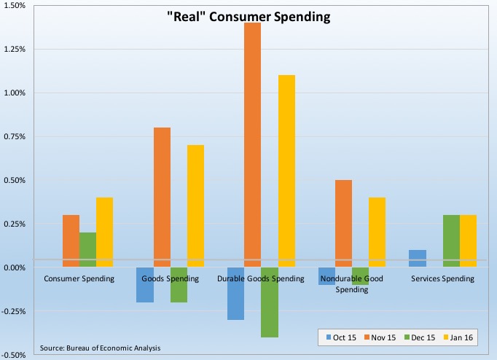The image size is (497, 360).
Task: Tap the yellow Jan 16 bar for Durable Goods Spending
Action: click(286, 171)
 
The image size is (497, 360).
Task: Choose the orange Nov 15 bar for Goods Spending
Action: click(162, 197)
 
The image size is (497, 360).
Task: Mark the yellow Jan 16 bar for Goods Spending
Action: click(195, 206)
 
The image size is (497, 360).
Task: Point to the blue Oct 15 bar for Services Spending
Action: click(418, 259)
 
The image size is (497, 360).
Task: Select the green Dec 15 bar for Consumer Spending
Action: click(87, 250)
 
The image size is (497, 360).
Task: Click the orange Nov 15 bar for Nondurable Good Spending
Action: click(343, 224)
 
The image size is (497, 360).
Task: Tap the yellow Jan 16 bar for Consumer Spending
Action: click(104, 232)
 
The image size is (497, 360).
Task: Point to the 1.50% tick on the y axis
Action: click(15, 6)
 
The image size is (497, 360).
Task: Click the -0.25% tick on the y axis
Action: click(14, 311)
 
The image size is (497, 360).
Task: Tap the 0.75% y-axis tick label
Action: click(15, 137)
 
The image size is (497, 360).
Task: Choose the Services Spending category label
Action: click(442, 278)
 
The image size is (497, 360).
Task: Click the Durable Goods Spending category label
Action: click(261, 278)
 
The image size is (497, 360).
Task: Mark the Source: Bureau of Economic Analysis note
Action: click(101, 348)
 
